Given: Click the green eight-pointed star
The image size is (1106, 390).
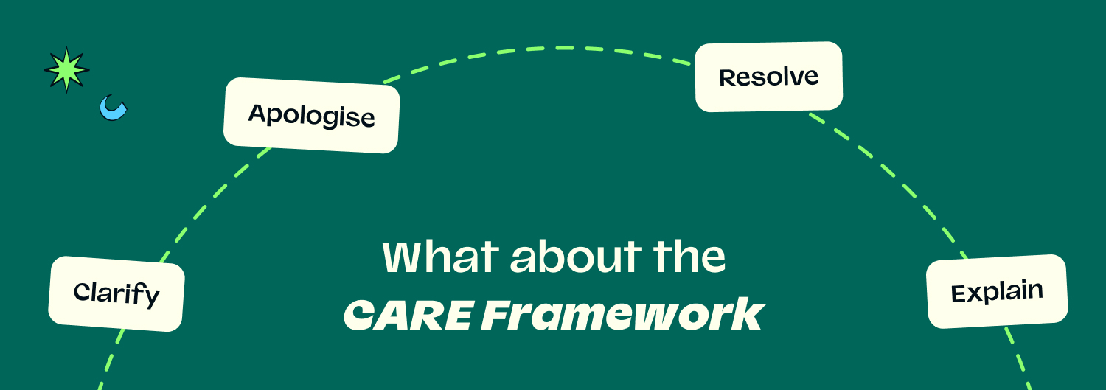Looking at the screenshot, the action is (x=66, y=69).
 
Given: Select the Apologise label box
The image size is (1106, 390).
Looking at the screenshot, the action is (x=312, y=115).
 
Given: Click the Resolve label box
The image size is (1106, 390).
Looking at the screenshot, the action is (x=769, y=77).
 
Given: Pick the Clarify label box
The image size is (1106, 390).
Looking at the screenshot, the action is (x=116, y=293).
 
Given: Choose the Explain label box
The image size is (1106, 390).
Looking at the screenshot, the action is (x=997, y=291).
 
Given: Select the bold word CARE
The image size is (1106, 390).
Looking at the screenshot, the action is (x=408, y=315).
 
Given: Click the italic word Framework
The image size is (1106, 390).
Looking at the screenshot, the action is (x=623, y=313).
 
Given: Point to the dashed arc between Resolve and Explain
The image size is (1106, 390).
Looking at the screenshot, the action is (x=894, y=178).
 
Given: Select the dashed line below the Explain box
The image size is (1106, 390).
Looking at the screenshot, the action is (x=1018, y=358).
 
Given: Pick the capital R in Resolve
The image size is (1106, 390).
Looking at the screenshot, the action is (x=728, y=78).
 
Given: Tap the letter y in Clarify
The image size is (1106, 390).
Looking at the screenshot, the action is (x=151, y=298).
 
